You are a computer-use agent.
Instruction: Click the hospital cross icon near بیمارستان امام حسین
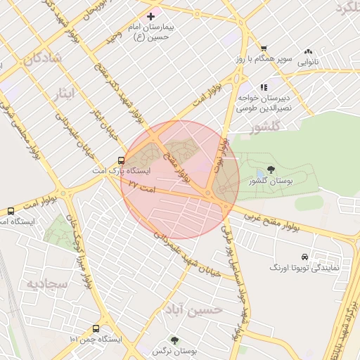pos(150,15)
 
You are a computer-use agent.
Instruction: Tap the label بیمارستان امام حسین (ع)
pos(150,31)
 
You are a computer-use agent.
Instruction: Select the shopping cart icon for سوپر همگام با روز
pos(264,49)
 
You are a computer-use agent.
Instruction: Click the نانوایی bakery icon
pos(308,52)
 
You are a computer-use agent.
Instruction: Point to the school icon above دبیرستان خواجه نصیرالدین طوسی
pos(264,87)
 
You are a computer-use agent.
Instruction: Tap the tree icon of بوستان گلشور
pos(271,169)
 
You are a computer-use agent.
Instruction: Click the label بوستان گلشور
pos(270,181)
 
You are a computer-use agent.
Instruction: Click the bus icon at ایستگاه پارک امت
pos(122,160)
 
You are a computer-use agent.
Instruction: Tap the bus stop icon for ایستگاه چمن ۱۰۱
pos(96,328)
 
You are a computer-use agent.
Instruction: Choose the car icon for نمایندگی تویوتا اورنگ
pos(304,257)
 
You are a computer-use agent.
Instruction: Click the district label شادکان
pos(41,58)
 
